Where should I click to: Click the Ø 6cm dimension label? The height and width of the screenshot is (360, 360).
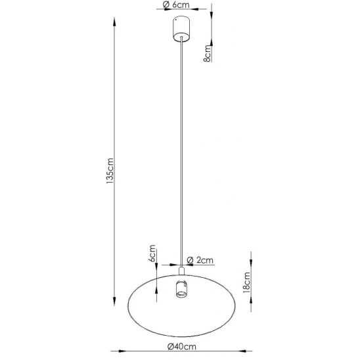click(x=176, y=5)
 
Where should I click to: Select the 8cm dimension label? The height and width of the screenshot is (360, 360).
click(x=207, y=53)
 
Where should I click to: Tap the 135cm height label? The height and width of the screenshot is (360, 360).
click(x=110, y=171)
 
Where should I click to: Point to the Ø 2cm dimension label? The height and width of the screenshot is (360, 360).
click(x=200, y=260)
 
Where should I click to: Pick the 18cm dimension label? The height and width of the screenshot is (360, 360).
click(x=246, y=282)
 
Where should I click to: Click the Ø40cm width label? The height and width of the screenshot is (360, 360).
click(x=182, y=346)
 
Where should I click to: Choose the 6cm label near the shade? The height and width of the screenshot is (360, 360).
click(x=152, y=254)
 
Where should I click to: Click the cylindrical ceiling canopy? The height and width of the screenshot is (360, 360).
click(x=181, y=29)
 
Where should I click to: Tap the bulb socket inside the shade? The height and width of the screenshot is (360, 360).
click(x=181, y=289)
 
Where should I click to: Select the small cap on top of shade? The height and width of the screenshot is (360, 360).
click(x=181, y=271)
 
